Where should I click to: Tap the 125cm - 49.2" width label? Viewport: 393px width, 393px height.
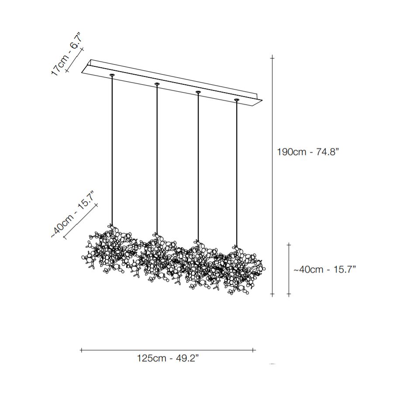coord(168,358)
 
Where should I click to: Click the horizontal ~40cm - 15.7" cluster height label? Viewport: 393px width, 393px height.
coord(324,269)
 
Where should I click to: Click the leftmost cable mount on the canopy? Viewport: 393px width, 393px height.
coord(112,75)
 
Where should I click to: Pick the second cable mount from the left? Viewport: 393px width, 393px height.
coord(157,84)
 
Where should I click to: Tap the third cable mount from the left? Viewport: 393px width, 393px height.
coord(198,92)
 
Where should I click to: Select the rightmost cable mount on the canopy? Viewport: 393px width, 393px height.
coord(236,100)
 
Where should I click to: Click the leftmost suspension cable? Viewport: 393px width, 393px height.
coord(112,150)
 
